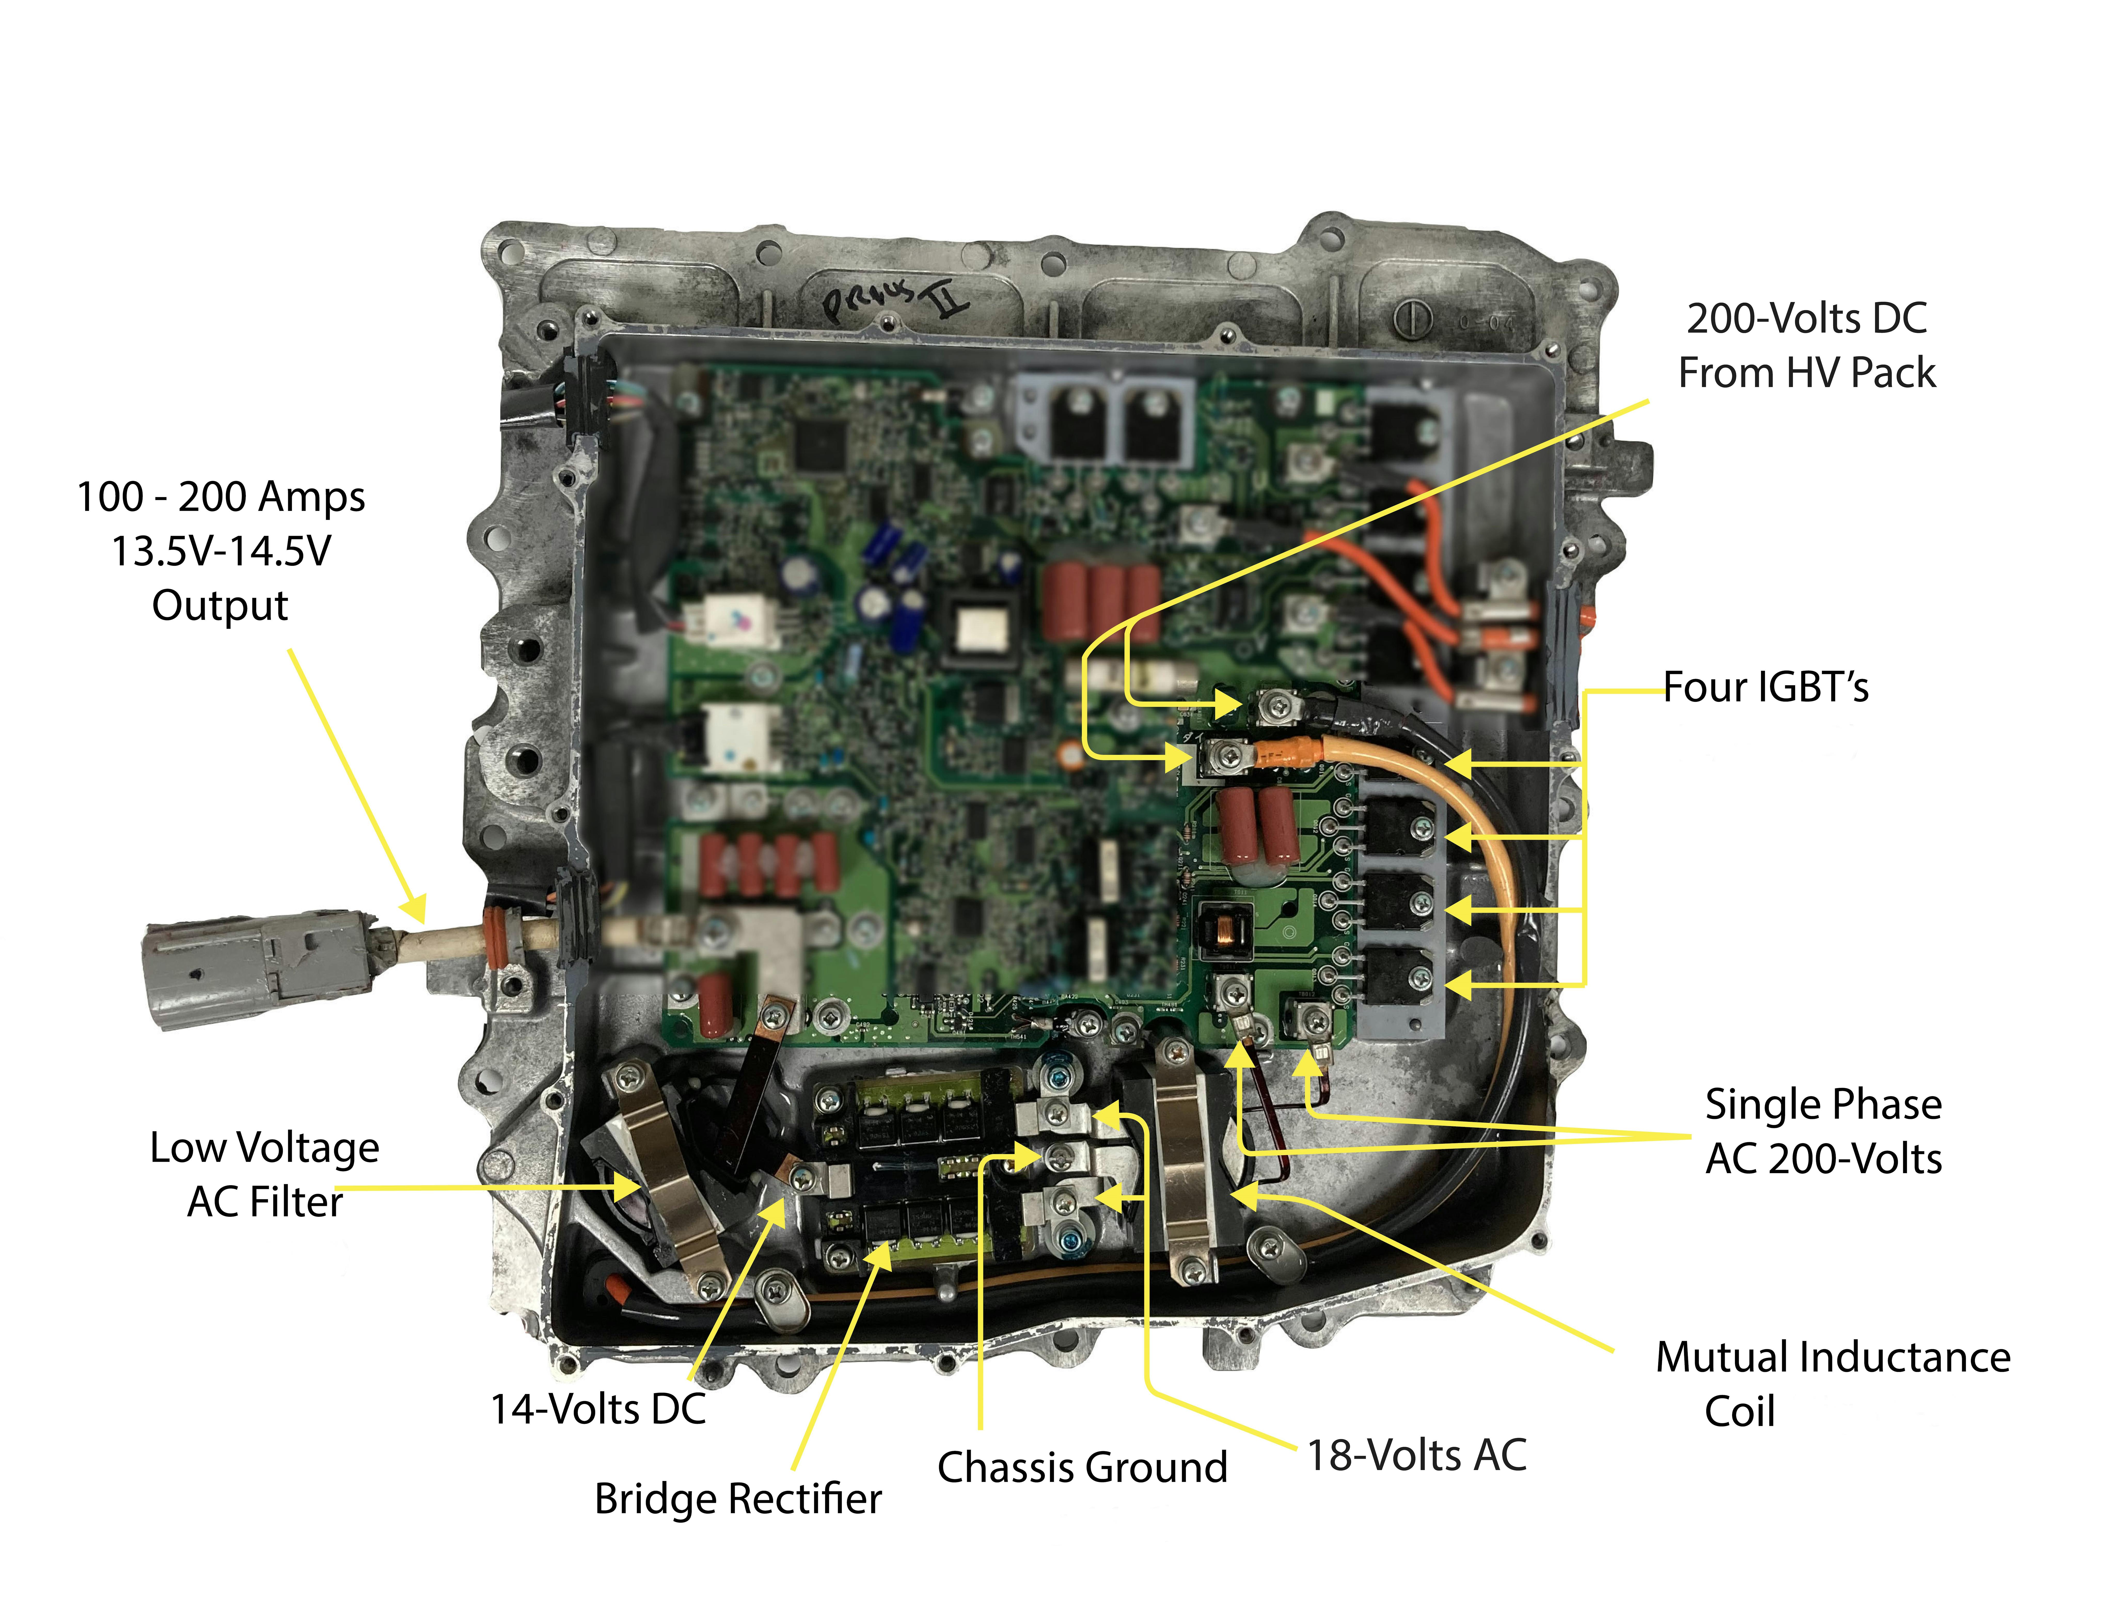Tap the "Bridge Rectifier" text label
[737, 1499]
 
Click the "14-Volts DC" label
[598, 1409]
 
